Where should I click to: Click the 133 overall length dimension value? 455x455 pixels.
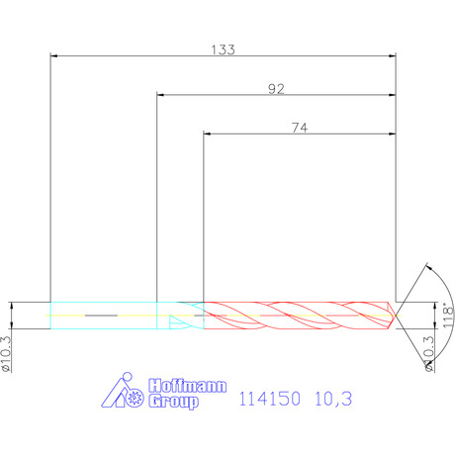coord(223,49)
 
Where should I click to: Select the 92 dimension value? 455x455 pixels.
coord(276,89)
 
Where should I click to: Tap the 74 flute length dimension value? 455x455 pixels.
coord(300,128)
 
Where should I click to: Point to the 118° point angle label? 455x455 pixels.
coord(448,316)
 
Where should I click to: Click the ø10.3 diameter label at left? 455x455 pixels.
coord(6,354)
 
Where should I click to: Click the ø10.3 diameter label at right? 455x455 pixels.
coord(429,354)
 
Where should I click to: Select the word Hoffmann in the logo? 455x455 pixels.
coord(187,386)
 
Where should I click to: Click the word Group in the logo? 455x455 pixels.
coord(173,402)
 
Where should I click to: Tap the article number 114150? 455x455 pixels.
coord(269,399)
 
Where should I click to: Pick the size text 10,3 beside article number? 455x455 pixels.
coord(333,399)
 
